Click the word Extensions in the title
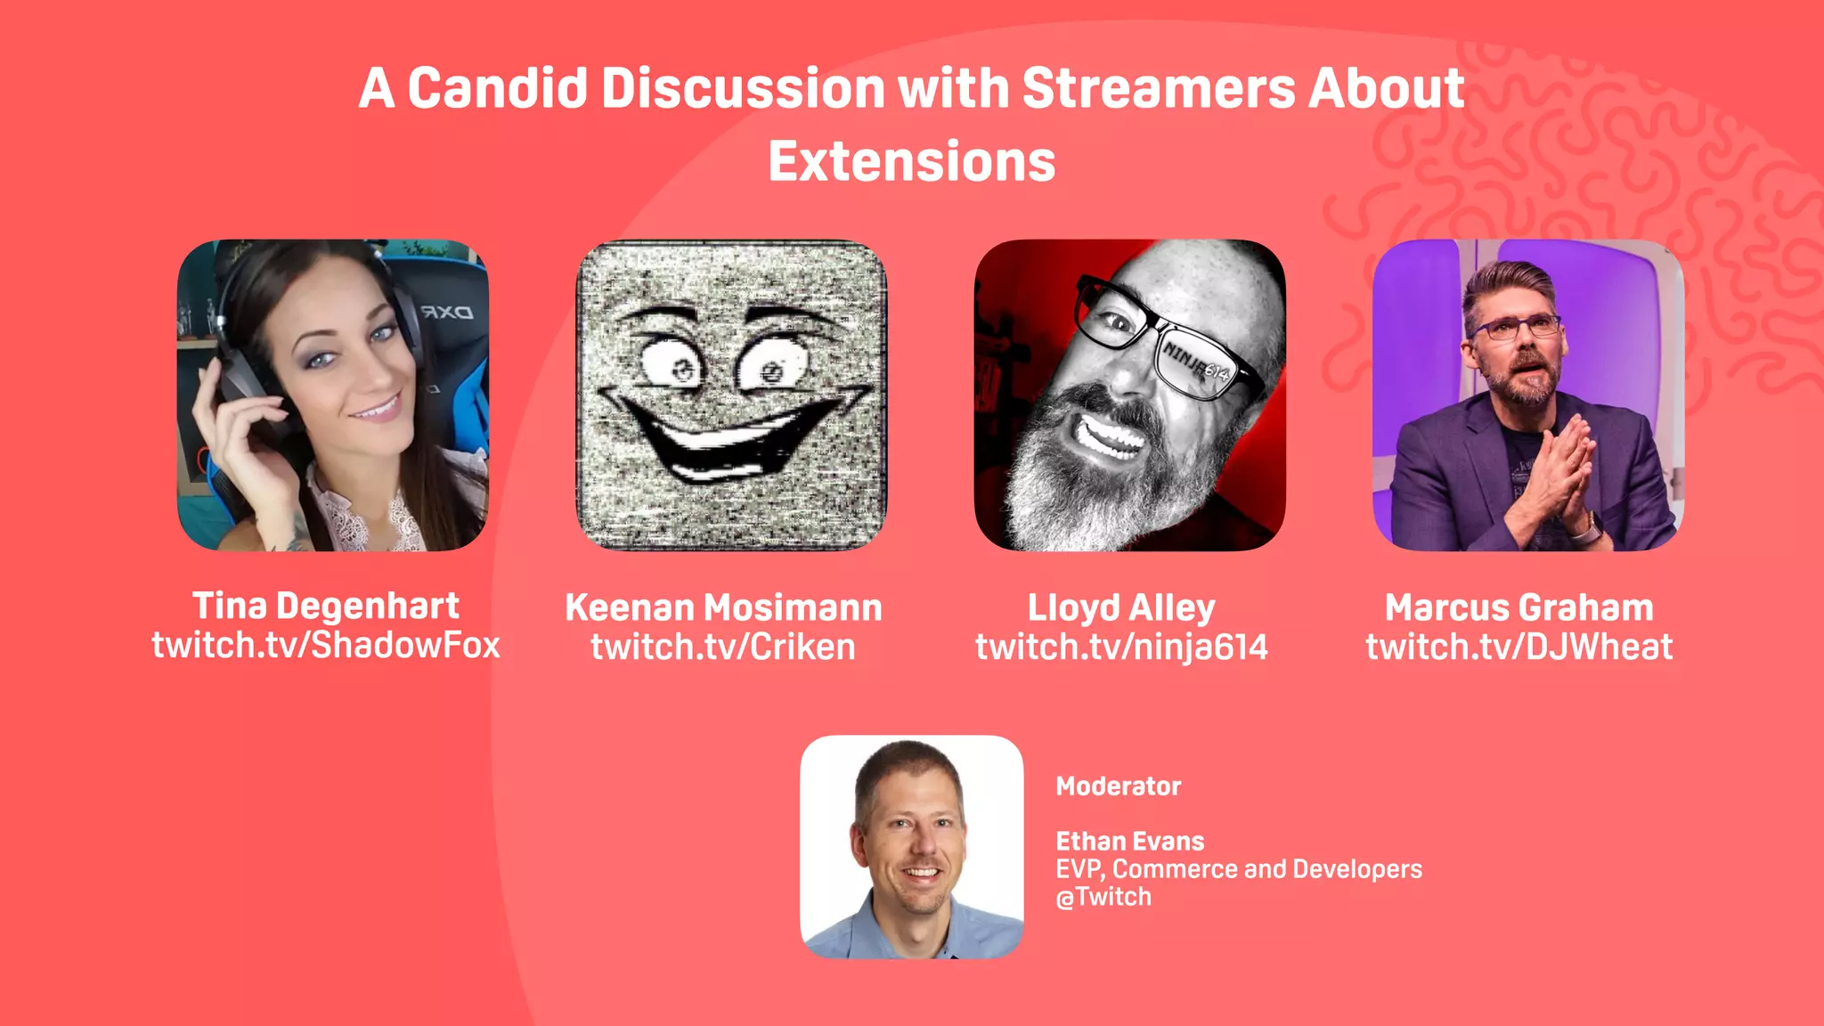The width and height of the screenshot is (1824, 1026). [911, 162]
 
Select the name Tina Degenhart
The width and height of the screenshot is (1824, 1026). [326, 607]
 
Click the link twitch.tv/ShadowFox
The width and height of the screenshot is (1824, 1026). [326, 646]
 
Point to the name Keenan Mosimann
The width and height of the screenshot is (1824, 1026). [723, 608]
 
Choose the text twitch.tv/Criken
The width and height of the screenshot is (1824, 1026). [723, 647]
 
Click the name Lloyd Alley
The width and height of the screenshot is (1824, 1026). [1121, 608]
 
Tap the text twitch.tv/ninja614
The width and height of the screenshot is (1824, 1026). [1121, 647]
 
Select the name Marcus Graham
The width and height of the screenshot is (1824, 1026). [1519, 608]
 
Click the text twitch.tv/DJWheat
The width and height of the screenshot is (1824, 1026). [1519, 647]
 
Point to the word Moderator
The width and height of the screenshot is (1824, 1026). [1118, 786]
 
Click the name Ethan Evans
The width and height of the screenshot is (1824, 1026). [1129, 842]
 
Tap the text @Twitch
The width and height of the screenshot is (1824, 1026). [1103, 897]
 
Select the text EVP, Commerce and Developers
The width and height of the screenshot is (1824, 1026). [1238, 869]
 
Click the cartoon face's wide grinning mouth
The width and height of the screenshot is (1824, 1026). [730, 436]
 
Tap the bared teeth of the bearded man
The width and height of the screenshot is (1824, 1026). [1108, 436]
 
